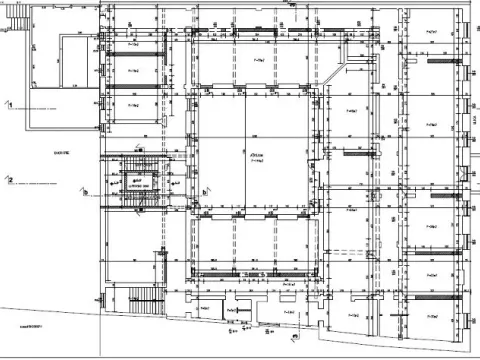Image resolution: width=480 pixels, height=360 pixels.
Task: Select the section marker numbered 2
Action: point(8,181)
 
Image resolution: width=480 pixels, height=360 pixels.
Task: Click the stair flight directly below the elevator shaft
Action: point(133,205)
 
